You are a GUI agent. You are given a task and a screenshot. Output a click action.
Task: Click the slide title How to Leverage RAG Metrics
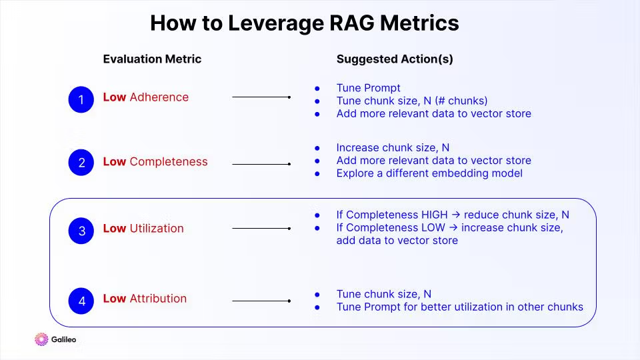(x=304, y=23)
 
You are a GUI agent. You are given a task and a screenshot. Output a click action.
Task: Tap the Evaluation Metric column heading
(x=152, y=59)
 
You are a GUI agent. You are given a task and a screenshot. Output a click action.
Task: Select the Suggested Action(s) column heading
(x=395, y=59)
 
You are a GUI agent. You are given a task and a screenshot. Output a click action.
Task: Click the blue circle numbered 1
(x=81, y=100)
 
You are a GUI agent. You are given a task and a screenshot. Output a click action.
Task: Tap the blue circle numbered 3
(x=81, y=231)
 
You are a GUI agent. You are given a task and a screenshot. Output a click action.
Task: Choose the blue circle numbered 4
(x=81, y=301)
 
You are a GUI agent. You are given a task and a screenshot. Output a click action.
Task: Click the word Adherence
(x=159, y=97)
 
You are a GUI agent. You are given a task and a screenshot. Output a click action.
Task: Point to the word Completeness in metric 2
(x=169, y=162)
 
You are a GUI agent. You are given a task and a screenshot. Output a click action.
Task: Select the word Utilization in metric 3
(x=157, y=229)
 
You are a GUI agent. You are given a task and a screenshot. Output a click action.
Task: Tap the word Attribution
(x=158, y=299)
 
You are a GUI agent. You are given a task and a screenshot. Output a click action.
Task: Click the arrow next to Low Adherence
(x=261, y=97)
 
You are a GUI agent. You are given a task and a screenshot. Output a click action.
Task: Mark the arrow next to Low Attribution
(x=261, y=301)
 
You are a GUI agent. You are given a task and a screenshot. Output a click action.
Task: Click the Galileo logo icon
(x=41, y=339)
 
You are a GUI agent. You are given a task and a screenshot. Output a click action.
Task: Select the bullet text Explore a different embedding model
(x=429, y=173)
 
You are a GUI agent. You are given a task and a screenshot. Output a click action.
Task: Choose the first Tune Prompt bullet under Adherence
(x=368, y=88)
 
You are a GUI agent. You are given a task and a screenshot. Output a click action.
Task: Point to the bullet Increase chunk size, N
(x=393, y=148)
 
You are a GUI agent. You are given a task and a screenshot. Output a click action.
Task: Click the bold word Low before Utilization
(x=115, y=229)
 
